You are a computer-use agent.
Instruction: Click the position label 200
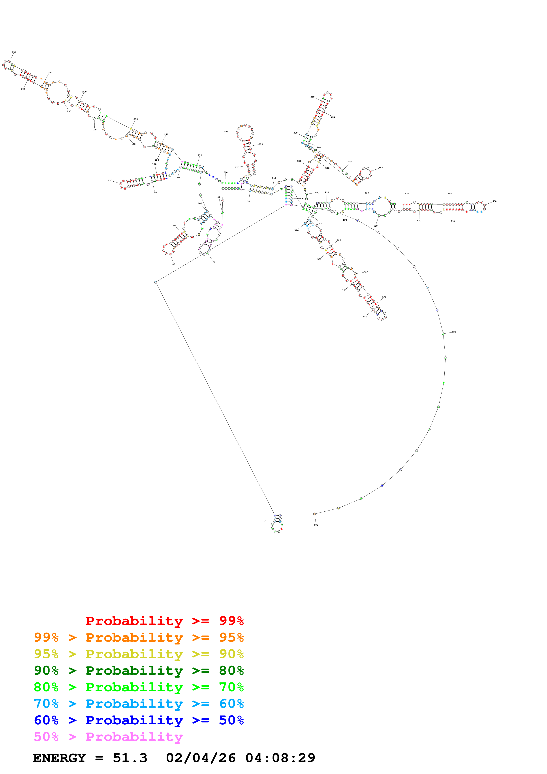click(14, 52)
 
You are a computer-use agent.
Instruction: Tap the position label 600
click(316, 525)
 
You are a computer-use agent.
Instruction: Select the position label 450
click(494, 201)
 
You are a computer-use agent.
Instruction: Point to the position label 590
click(454, 332)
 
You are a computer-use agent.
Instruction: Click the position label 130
click(110, 180)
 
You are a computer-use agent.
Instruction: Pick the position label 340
click(312, 97)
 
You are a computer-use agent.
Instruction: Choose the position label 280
click(226, 132)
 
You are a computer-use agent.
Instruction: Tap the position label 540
click(365, 317)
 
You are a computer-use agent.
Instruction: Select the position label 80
click(174, 264)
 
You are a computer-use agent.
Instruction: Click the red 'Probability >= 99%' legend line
click(164, 621)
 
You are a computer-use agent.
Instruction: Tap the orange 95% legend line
click(139, 637)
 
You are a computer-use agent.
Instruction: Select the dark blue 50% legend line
click(139, 720)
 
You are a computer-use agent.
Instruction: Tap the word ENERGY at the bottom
click(59, 758)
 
